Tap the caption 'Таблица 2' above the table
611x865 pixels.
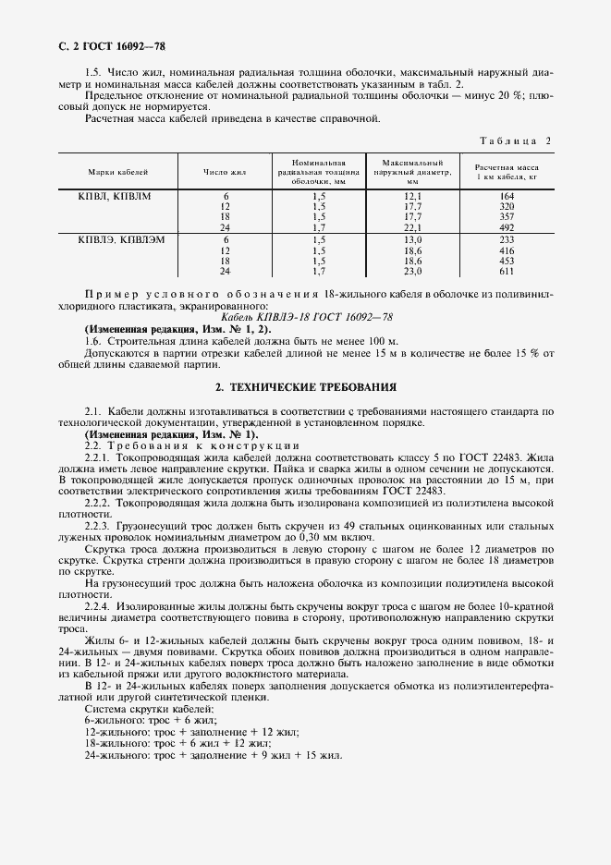(516, 140)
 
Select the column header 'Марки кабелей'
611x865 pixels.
(118, 172)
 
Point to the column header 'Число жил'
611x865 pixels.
(225, 172)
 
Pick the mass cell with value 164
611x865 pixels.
(506, 197)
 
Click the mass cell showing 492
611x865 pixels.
(506, 227)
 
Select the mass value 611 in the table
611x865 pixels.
(506, 272)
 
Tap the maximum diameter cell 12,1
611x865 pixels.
(412, 197)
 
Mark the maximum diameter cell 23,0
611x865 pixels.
(412, 272)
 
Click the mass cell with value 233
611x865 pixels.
(506, 240)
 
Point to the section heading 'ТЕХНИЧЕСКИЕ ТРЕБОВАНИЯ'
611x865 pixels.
(312, 387)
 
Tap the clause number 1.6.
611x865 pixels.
(92, 341)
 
